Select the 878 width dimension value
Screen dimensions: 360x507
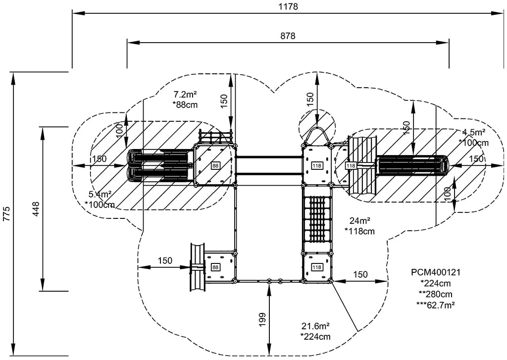click(287, 36)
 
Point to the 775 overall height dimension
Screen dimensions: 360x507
click(6, 213)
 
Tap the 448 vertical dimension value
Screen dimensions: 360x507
click(36, 209)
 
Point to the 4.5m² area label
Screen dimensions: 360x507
click(473, 132)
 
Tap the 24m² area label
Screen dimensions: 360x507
click(360, 221)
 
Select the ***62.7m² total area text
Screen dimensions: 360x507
click(436, 305)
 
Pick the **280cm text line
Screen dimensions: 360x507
click(436, 294)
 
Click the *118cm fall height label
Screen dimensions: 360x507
click(359, 231)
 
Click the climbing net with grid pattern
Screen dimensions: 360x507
click(316, 218)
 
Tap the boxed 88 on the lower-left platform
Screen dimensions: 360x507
click(215, 267)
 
